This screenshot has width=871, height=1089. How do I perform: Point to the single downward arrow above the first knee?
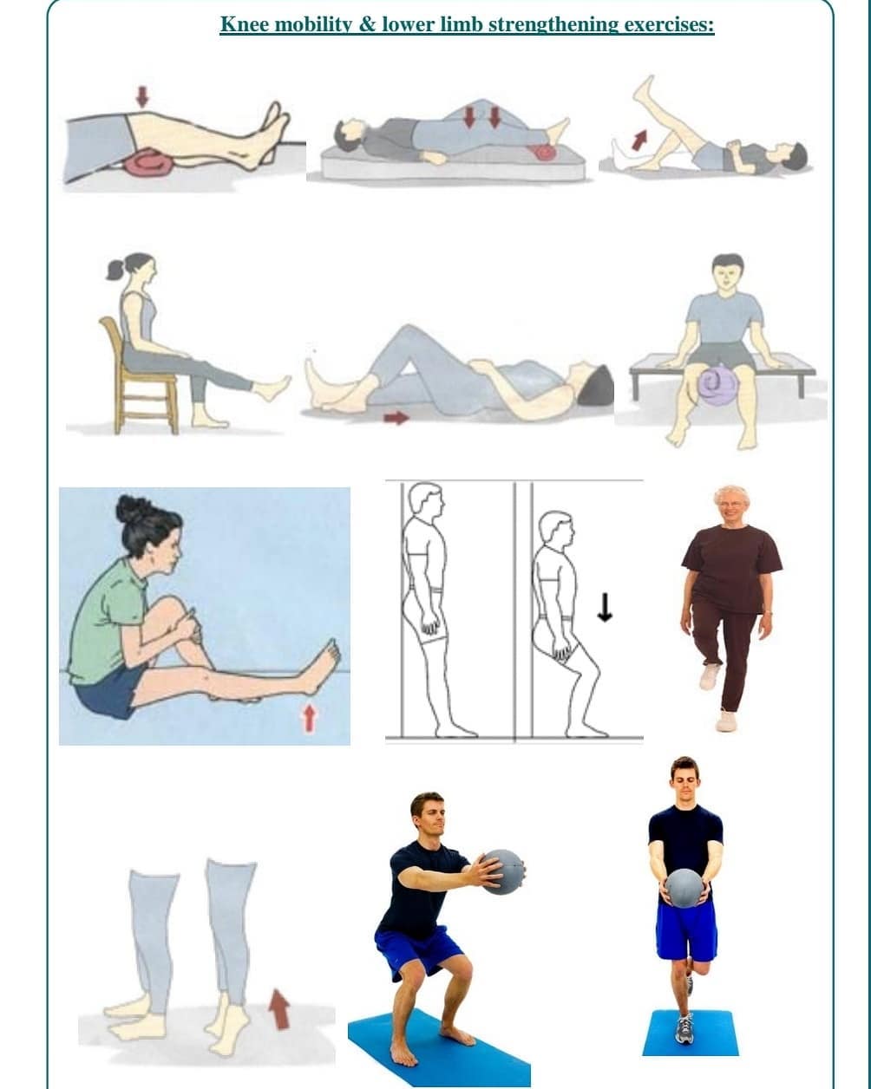coord(142,96)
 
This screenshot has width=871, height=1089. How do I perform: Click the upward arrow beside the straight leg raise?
coord(640,140)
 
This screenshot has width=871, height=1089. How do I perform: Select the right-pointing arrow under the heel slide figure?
coord(396,418)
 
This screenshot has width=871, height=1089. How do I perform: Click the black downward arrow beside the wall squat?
coord(605,607)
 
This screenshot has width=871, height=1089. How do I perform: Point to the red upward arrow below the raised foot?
coord(309,719)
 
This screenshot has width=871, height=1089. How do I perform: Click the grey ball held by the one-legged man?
coord(684,888)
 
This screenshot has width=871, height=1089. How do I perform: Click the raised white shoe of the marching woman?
coord(710,677)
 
